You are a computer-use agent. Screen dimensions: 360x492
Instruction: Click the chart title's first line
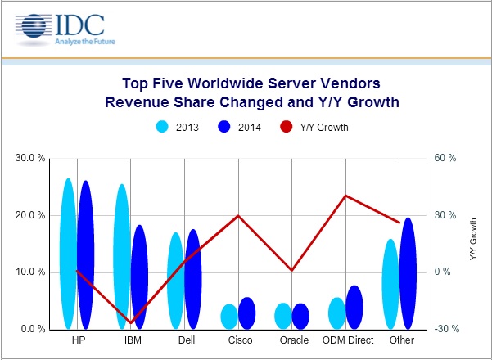tap(251, 83)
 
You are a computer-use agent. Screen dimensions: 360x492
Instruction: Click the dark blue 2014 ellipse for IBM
tap(139, 277)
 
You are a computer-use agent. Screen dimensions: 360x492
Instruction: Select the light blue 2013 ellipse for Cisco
tap(230, 316)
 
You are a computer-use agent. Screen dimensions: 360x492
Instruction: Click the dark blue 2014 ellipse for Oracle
tap(300, 316)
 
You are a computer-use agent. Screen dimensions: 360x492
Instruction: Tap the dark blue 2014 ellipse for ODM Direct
tap(354, 306)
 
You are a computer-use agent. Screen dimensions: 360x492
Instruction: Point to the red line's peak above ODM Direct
tap(345, 196)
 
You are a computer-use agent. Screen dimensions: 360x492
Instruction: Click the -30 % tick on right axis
tap(445, 329)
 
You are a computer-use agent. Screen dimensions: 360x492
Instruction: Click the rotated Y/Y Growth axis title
tap(472, 239)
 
